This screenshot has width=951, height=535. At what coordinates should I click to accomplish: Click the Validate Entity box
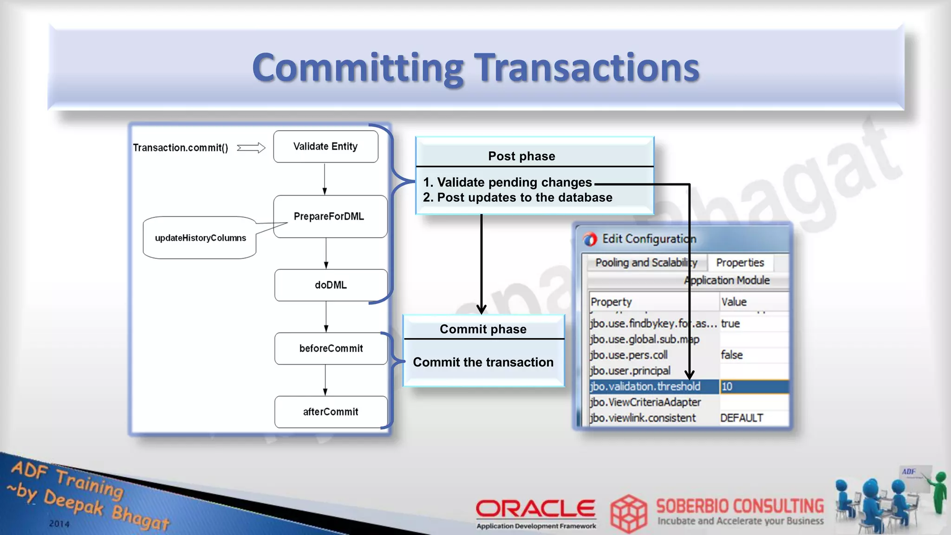[x=326, y=147]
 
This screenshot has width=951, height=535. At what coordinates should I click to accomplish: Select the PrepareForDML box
[x=330, y=216]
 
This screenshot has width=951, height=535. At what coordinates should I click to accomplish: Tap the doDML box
[x=331, y=285]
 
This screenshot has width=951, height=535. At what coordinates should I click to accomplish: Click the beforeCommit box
[x=331, y=348]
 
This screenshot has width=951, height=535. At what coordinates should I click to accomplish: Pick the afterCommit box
[x=331, y=412]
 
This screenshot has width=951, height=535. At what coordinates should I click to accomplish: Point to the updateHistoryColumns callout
[x=200, y=238]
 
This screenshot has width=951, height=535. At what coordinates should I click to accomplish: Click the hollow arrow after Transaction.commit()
[x=251, y=148]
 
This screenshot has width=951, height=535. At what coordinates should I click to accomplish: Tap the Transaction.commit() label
[x=181, y=148]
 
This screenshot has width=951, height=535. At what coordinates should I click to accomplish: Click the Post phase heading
[x=521, y=156]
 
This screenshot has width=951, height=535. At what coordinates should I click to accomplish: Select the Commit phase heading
[x=483, y=329]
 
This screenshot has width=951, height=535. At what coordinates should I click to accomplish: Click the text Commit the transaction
[x=483, y=362]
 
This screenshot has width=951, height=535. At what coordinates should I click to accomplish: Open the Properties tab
[x=740, y=263]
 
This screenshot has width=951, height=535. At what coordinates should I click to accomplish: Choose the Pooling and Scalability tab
[x=646, y=263]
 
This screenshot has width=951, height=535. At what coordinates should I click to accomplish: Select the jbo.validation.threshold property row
[x=645, y=386]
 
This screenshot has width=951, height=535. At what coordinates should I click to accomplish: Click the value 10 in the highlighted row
[x=727, y=386]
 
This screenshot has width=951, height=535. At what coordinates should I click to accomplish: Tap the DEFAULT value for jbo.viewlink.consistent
[x=742, y=418]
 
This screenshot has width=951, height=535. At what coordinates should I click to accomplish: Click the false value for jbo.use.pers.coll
[x=732, y=355]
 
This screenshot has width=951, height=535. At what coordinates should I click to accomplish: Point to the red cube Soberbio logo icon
[x=628, y=513]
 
